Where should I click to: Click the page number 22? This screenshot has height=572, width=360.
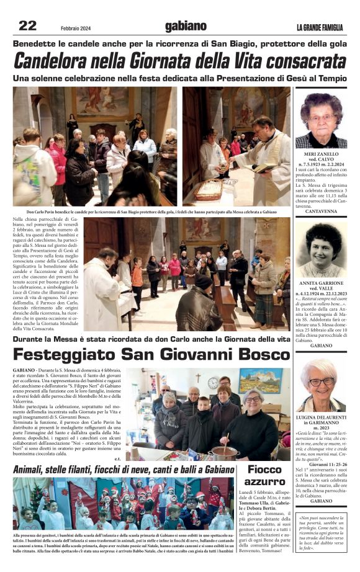pyautogui.click(x=28, y=25)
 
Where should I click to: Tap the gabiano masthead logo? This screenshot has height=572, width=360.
pyautogui.click(x=185, y=26)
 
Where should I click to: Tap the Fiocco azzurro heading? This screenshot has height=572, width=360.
pyautogui.click(x=264, y=475)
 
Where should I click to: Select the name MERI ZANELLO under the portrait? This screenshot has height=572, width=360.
pyautogui.click(x=320, y=153)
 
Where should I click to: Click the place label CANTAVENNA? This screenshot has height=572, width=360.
pyautogui.click(x=320, y=212)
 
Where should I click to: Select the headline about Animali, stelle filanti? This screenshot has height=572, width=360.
pyautogui.click(x=123, y=469)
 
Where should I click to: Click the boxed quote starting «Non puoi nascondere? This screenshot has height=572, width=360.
pyautogui.click(x=322, y=533)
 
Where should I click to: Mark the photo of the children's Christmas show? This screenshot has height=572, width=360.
pyautogui.click(x=124, y=503)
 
